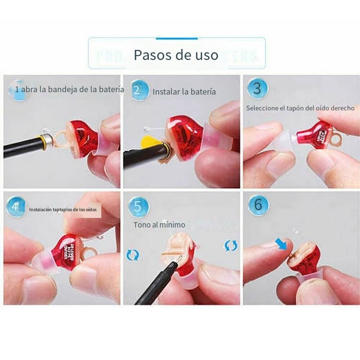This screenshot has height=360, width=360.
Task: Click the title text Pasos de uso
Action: (176, 55)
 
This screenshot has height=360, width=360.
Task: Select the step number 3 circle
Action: (258, 88)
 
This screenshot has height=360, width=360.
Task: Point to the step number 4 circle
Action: (16, 207)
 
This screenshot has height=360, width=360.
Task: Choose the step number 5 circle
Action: (139, 206)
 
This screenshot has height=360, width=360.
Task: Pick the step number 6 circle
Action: (258, 205)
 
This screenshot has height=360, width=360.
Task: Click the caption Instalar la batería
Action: (184, 92)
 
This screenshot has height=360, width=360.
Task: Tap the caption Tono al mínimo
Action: (159, 225)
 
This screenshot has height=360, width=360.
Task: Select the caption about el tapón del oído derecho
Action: (300, 108)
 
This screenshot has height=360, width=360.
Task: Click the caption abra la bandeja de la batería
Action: (70, 89)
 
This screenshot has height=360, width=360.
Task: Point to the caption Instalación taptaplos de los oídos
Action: (63, 210)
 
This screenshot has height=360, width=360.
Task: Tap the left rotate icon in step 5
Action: (132, 254)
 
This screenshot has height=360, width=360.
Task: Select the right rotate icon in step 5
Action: (231, 246)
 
